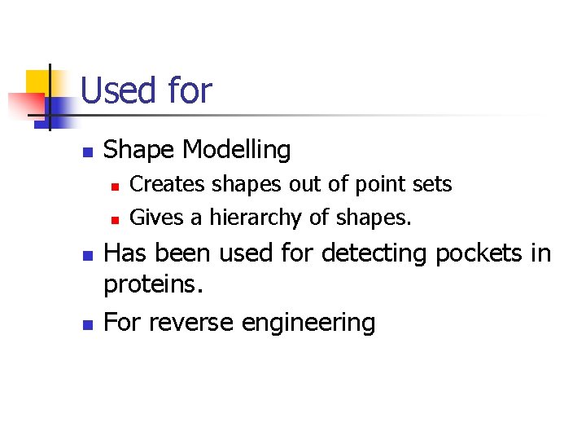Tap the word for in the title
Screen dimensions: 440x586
click(x=189, y=90)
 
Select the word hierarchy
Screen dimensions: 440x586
click(x=265, y=218)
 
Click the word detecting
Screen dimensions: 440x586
click(x=375, y=254)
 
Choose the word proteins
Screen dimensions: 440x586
click(x=150, y=285)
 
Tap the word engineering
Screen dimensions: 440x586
click(x=308, y=323)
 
